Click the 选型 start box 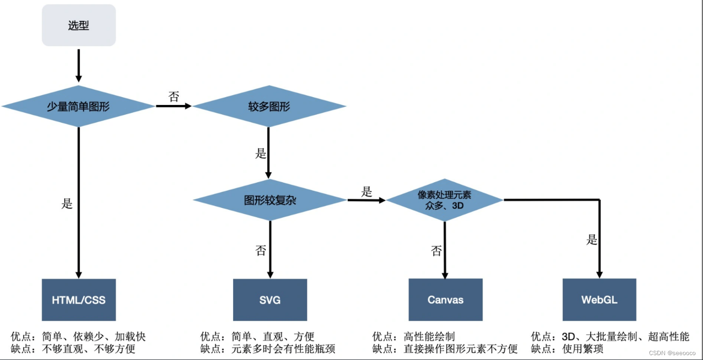point(79,25)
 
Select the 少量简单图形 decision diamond point(78,106)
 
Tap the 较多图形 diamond point(269,106)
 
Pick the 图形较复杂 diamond point(270,200)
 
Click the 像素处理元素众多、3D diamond point(445,200)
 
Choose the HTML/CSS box point(79,300)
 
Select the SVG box point(270,300)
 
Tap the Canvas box point(446,300)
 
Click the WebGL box point(600,300)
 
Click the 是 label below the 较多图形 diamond point(261,154)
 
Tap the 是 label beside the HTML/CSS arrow point(67,204)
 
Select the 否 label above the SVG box point(261,250)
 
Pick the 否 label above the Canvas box point(436,251)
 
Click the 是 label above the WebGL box point(591,240)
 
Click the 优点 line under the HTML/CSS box point(78,337)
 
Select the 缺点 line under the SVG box point(268,349)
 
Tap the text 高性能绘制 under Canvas point(429,337)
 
